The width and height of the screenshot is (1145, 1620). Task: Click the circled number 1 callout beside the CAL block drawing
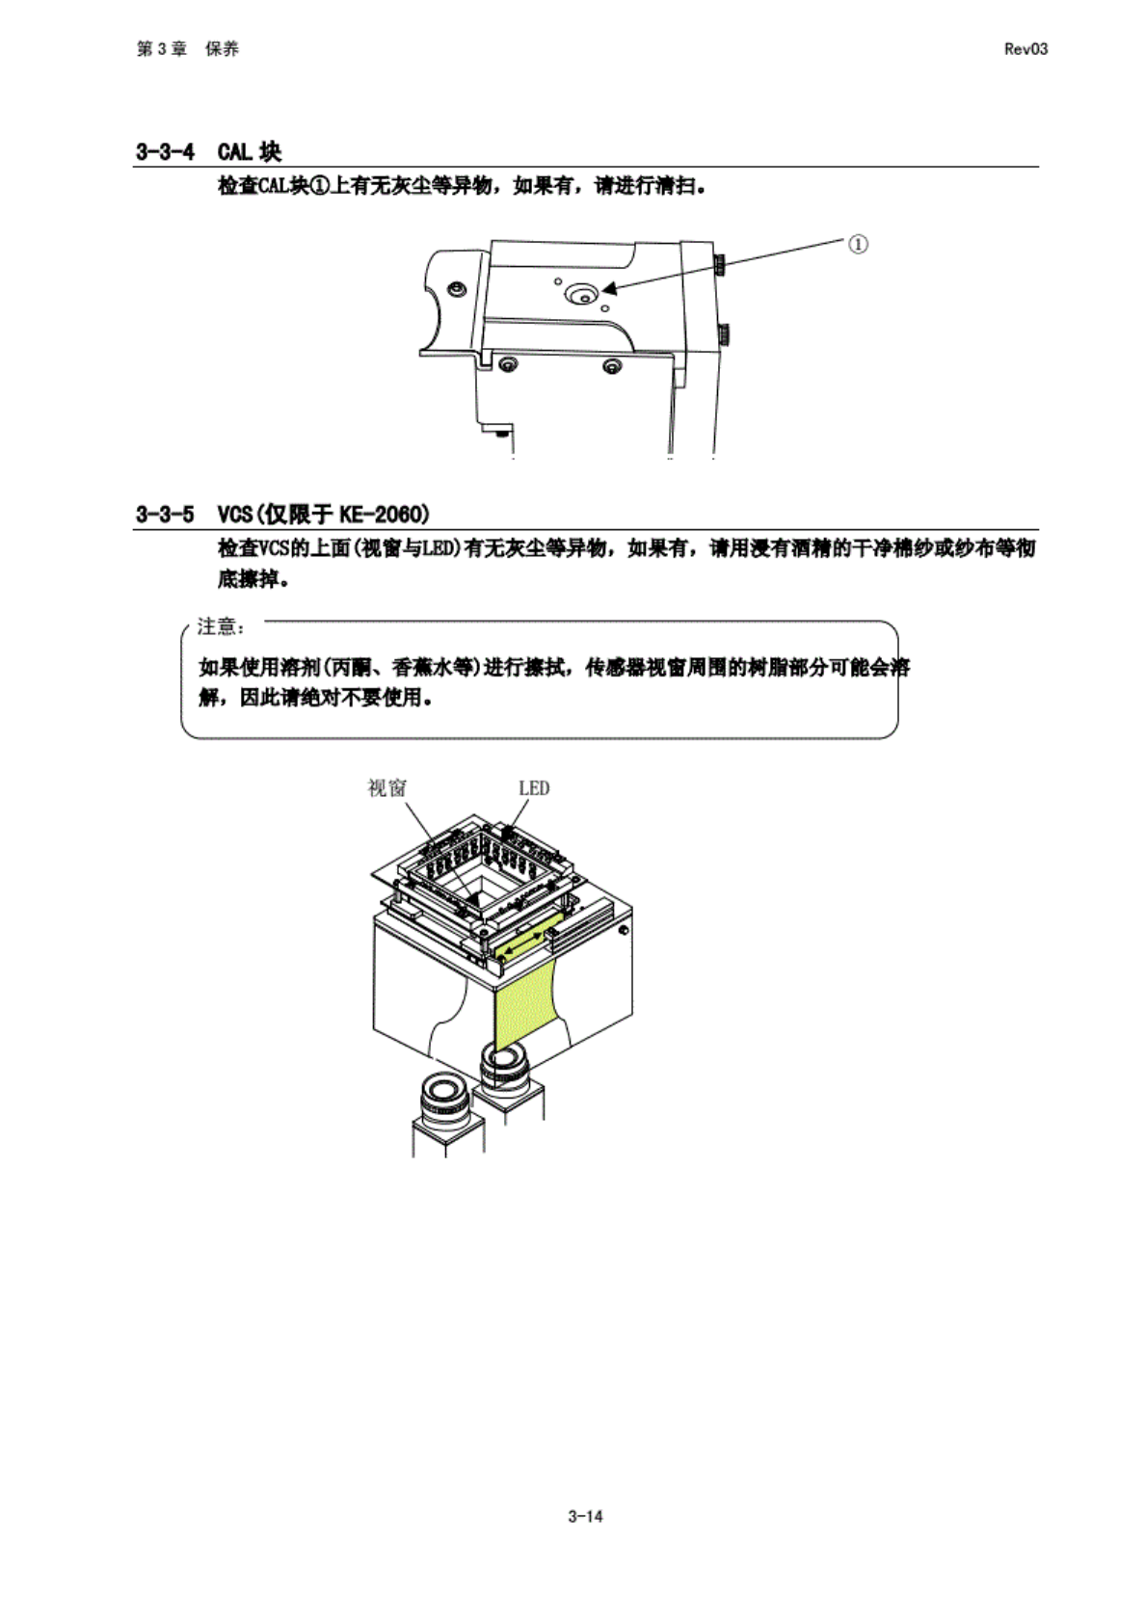857,244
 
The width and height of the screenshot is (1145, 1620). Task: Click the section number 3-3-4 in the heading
165,151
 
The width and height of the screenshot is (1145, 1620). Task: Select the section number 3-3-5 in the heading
165,514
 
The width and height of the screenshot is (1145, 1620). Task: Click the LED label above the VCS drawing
534,788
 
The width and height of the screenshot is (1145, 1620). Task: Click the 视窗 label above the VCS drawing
386,788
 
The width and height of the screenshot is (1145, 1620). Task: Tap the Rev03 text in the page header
1025,49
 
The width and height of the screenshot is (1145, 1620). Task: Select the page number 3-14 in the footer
585,1516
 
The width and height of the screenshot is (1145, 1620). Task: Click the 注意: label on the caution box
221,627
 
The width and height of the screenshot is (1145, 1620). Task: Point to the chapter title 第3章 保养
188,49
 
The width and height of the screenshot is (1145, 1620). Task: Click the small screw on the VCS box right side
624,930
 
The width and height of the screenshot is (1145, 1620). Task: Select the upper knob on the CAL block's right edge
720,264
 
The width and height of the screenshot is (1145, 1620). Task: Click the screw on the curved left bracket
458,288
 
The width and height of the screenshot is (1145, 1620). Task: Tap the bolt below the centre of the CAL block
611,366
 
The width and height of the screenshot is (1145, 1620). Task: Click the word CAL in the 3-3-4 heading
235,151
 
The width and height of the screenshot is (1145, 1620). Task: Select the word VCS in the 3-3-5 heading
235,514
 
